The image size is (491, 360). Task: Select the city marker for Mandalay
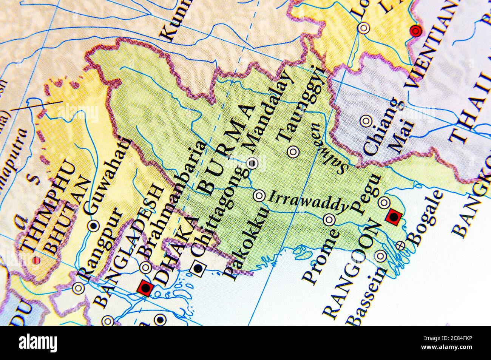(252, 163)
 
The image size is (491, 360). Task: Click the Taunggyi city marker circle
(293, 152)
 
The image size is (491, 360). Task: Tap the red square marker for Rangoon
(394, 217)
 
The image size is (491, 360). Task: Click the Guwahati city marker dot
(93, 225)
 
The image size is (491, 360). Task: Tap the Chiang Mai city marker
(365, 121)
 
